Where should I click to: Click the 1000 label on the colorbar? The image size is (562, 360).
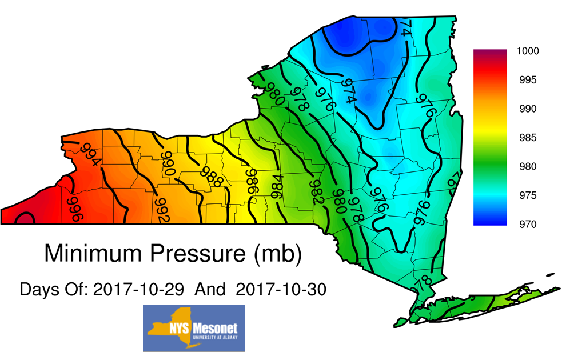click(528, 51)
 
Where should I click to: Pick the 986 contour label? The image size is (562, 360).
click(252, 182)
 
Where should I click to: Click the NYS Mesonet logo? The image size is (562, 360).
click(194, 328)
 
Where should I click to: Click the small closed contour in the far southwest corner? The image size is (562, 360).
click(24, 219)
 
